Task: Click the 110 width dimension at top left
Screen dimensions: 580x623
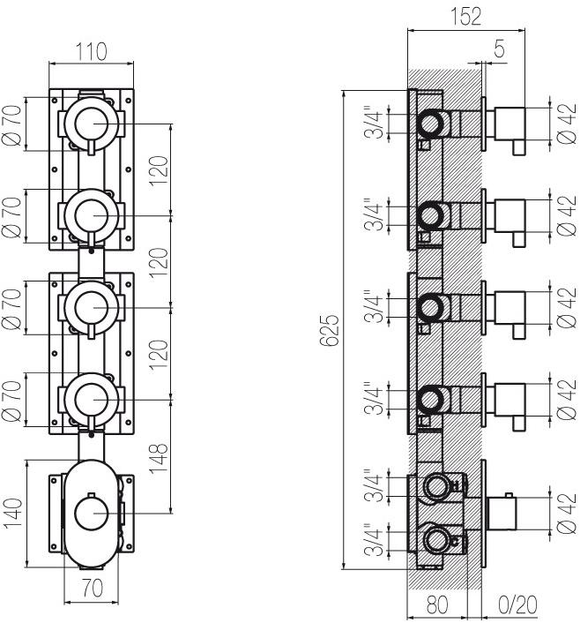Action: (x=91, y=52)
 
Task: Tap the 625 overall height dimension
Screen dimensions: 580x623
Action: (x=329, y=330)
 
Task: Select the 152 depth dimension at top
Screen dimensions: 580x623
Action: (x=465, y=16)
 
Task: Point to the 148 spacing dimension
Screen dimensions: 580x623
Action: (x=159, y=457)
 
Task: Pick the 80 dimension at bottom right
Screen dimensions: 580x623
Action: (x=437, y=604)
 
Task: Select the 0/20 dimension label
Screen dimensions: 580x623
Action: (x=517, y=604)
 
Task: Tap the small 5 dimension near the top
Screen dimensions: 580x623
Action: (x=499, y=49)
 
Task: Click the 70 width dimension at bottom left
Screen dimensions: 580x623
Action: (x=92, y=588)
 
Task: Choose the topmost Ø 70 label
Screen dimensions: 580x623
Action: (x=11, y=125)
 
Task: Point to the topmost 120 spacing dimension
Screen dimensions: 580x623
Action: (x=159, y=170)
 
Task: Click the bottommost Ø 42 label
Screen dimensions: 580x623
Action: (x=566, y=513)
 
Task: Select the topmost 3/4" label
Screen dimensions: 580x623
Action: (x=375, y=122)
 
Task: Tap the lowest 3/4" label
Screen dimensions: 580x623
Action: (x=375, y=539)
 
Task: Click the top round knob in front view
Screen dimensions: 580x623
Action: (x=92, y=124)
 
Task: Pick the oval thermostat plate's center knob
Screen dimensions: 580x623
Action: (x=92, y=514)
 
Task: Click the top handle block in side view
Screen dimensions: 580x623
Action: (x=510, y=124)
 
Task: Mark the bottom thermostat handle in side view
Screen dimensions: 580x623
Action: (x=502, y=513)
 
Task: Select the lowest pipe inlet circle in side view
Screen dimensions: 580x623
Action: (x=436, y=540)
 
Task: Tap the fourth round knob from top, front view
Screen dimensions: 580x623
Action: (x=92, y=400)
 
